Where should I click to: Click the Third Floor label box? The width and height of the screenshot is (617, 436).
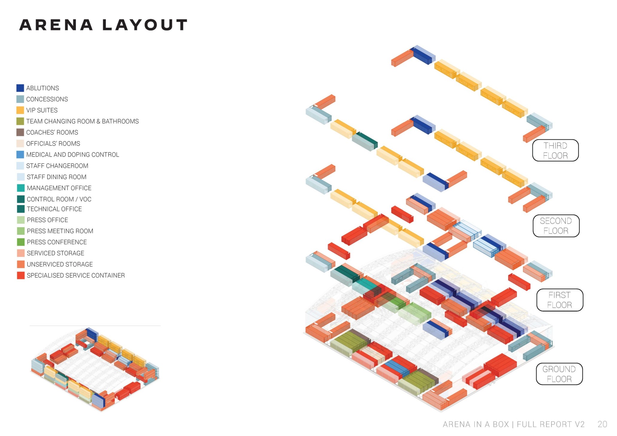coord(555,150)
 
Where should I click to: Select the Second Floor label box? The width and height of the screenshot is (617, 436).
coord(556,226)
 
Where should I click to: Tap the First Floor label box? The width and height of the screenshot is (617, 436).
coord(559,300)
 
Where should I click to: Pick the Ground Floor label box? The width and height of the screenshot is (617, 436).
coord(559,374)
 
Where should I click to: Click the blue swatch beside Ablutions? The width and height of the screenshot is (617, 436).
coord(20,88)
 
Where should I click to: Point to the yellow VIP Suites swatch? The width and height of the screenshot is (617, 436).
coord(20,110)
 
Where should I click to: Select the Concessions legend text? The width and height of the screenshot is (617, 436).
coord(47,99)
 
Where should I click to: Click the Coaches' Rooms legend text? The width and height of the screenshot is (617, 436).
coord(52,132)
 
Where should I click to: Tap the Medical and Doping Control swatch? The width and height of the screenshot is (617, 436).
coord(20,154)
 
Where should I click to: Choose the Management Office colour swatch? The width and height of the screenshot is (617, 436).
coord(21,188)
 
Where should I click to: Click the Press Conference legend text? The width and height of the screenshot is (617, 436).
coord(57,242)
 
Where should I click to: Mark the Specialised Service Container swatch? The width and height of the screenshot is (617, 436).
coord(21,275)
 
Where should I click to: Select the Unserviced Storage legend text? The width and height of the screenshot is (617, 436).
coord(60,264)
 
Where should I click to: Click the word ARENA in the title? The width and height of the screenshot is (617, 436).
coord(56,25)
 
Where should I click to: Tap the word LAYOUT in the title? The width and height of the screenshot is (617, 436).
coord(145,25)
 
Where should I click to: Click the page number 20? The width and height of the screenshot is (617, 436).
coord(602,424)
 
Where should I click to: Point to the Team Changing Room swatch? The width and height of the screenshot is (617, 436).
coord(20,121)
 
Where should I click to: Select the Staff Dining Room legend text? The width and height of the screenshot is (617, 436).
coord(56,177)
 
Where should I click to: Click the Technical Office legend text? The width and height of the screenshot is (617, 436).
coord(54,209)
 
